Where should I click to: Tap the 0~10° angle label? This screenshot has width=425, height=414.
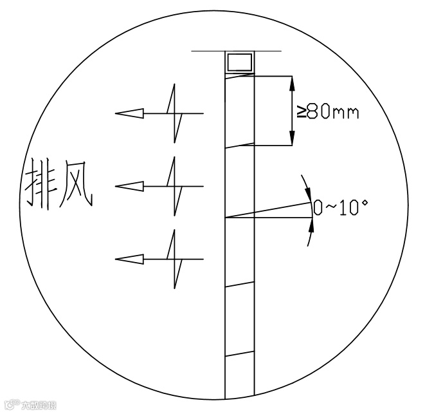pyautogui.click(x=339, y=207)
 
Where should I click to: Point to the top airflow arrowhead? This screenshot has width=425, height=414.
pyautogui.click(x=129, y=113)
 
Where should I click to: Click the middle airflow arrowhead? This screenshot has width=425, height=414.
pyautogui.click(x=129, y=186)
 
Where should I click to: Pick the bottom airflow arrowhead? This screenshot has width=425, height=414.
pyautogui.click(x=129, y=259)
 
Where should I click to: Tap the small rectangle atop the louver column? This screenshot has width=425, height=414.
pyautogui.click(x=239, y=62)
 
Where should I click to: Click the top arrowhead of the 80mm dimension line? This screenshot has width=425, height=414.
pyautogui.click(x=293, y=84)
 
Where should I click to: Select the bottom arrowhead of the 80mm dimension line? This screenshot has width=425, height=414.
pyautogui.click(x=293, y=138)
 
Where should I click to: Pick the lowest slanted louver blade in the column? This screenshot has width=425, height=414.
pyautogui.click(x=239, y=353)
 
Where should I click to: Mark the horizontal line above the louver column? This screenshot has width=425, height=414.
pyautogui.click(x=236, y=50)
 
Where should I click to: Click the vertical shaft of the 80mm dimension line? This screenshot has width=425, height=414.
pyautogui.click(x=293, y=111)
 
